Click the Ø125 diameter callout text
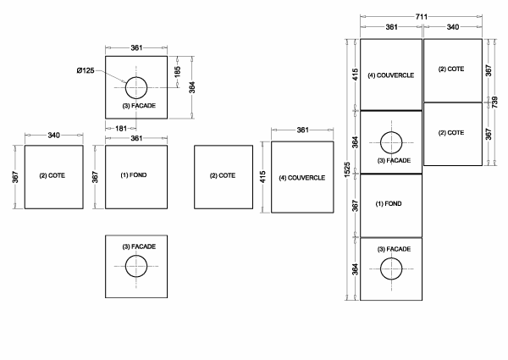pos(86,70)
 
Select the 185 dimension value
pos(178,72)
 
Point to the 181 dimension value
pos(121,129)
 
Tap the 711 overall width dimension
pos(422,17)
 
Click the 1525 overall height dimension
pos(347,169)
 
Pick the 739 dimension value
pos(495,102)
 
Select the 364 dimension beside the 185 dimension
pos(192,87)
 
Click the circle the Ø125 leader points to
pos(136,77)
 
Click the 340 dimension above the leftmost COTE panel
pos(54,136)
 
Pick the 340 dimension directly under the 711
pos(453,27)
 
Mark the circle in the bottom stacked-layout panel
pos(391,258)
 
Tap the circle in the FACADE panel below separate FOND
pos(136,255)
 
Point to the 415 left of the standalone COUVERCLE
pos(262,177)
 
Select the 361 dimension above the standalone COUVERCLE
pos(302,130)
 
